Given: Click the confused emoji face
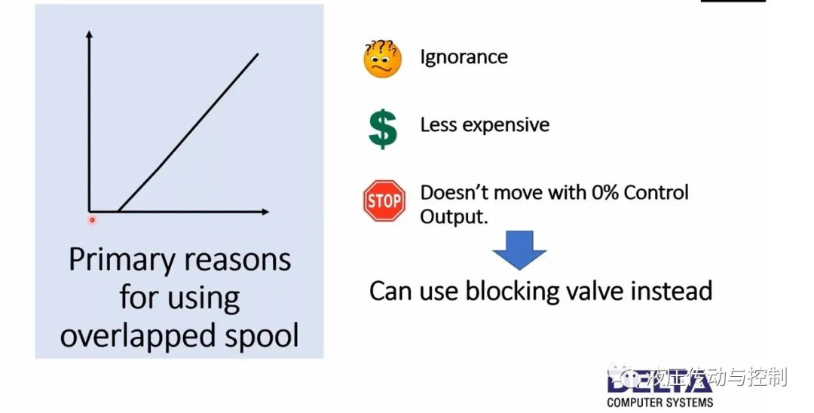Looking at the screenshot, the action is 383,59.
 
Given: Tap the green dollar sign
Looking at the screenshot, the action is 383,129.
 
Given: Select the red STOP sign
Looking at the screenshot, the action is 384,200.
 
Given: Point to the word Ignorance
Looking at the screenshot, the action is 464,57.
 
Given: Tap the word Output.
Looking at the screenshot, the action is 454,216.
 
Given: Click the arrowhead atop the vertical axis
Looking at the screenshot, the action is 89,34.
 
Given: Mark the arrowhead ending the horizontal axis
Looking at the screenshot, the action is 265,212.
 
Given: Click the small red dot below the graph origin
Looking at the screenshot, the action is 93,220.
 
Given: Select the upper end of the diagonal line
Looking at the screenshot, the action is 258,54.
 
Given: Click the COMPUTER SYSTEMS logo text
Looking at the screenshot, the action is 659,402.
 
